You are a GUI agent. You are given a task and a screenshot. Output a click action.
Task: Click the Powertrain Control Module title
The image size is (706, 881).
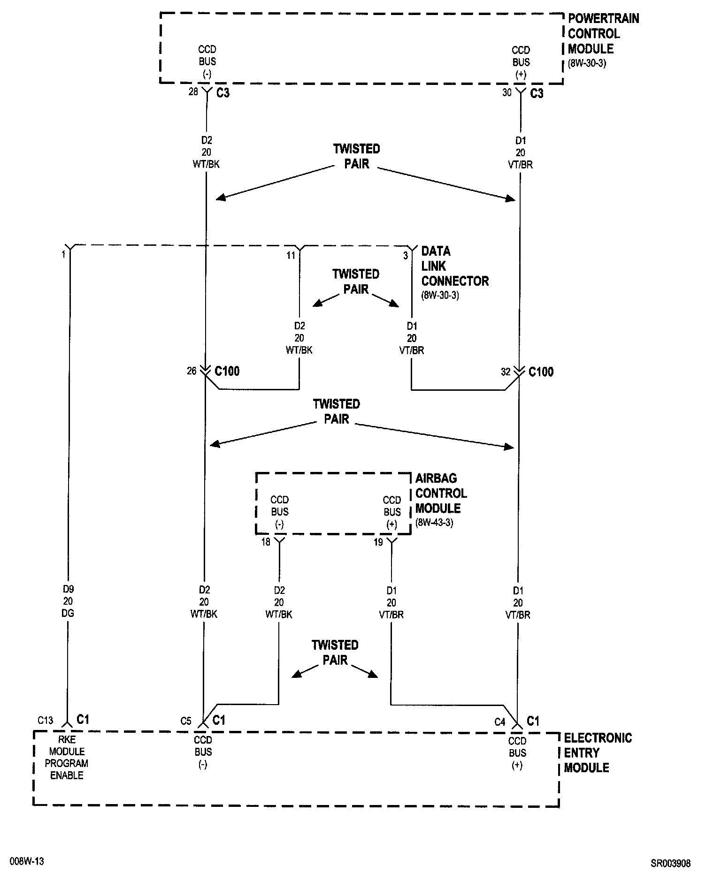coord(603,34)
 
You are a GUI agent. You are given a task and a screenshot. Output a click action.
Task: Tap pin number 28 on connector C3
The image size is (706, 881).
coord(193,92)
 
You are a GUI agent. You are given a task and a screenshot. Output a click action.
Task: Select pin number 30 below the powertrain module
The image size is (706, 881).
coord(507,92)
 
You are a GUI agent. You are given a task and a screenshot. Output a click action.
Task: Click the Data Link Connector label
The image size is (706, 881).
coord(454,266)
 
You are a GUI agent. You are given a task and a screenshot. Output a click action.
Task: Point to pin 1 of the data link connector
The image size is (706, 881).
coord(63,255)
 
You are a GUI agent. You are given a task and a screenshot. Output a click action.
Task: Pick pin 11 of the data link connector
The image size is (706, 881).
coord(291,255)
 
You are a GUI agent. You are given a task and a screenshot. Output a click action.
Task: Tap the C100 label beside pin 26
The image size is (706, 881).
coord(227,372)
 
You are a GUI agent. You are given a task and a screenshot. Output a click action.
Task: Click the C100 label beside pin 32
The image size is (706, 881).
coord(541,372)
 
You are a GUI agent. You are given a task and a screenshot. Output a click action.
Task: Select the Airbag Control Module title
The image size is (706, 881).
coord(441,493)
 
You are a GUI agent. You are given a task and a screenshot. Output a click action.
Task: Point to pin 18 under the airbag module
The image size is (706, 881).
coord(266,542)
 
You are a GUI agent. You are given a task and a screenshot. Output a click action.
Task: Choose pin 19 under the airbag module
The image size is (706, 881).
coord(378,542)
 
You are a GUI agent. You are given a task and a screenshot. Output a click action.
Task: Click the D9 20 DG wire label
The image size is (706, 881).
coord(68,601)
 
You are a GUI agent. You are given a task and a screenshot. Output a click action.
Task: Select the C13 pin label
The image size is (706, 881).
coord(46,720)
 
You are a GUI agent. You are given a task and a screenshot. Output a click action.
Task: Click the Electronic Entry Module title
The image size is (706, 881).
coord(598,753)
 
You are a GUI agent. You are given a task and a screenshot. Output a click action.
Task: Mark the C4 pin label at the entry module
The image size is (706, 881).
coord(499,722)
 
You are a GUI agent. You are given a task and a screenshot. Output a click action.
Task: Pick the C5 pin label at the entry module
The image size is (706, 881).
coord(186,721)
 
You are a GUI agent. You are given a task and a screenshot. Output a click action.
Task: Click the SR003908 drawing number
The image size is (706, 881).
coord(670,863)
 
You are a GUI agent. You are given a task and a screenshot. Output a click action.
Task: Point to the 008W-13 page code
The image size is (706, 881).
coord(27,861)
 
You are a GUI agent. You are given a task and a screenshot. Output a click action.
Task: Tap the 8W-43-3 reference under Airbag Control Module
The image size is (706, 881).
coord(434,523)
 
